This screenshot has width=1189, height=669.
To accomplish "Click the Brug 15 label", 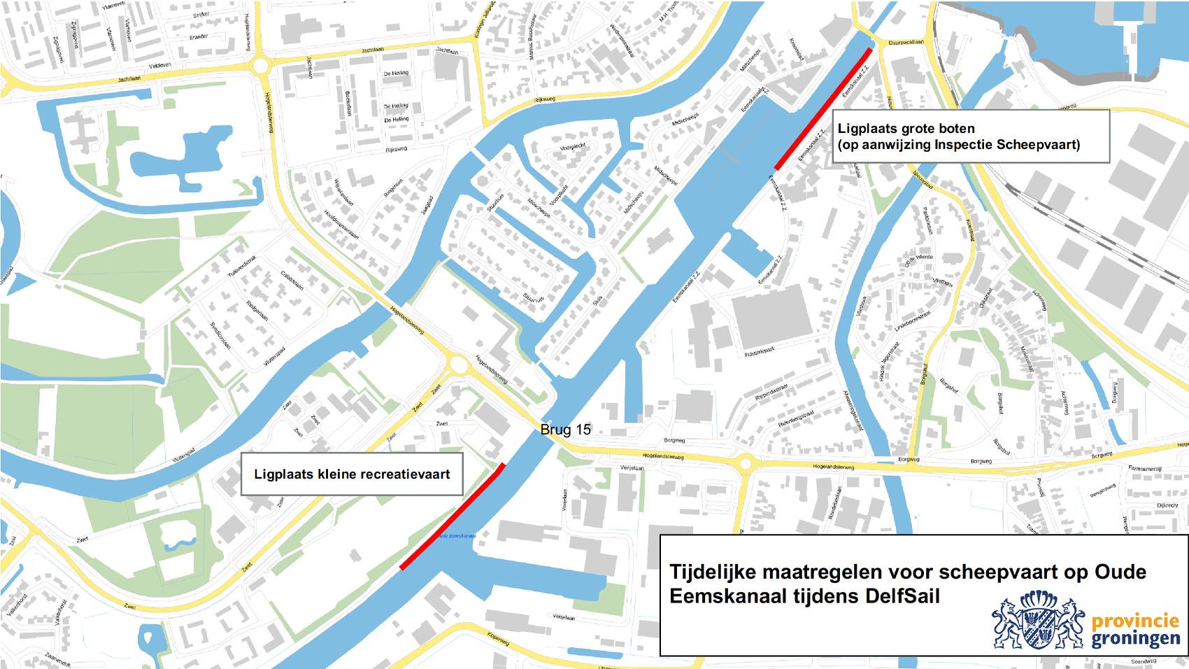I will coord(565,430).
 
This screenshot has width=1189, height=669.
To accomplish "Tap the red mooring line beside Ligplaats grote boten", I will coord(823,109).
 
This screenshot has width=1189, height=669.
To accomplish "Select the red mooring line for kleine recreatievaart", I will coord(451,516).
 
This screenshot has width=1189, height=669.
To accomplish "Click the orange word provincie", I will coord(1135,621).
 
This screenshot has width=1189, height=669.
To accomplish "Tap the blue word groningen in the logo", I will coord(1135,638).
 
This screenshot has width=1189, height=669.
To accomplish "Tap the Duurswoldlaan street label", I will coord(906,42).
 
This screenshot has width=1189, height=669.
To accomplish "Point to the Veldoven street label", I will coord(160,64).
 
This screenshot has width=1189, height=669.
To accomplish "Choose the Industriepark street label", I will coord(760,352).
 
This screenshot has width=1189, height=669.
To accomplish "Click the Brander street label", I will coord(199,36).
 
